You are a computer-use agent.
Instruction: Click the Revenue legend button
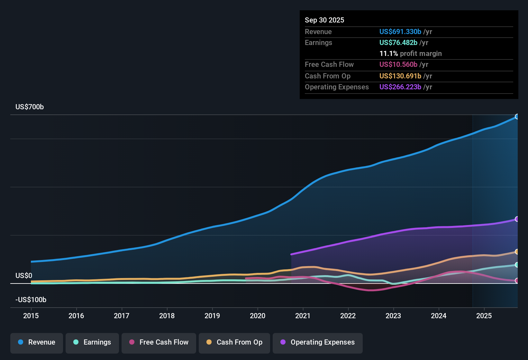tap(37, 342)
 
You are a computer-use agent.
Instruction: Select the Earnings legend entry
tap(92, 342)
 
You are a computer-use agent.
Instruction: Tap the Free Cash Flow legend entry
tap(159, 342)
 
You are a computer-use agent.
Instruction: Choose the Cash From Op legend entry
tap(234, 342)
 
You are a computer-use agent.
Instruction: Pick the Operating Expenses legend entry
tap(318, 342)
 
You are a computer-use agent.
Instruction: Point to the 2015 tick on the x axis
tap(31, 316)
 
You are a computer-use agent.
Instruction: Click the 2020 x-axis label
tap(258, 316)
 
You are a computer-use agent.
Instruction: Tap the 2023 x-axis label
tap(393, 316)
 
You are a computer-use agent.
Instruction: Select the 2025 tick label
tap(484, 316)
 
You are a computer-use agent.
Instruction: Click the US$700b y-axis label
tap(30, 107)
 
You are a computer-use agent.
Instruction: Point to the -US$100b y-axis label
tap(31, 300)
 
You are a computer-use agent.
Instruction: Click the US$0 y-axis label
tap(24, 276)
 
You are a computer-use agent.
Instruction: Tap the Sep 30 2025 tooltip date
tap(324, 20)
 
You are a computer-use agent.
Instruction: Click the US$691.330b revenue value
tap(400, 32)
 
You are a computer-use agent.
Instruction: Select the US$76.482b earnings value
tap(398, 43)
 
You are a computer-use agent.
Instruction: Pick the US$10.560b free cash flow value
tap(398, 65)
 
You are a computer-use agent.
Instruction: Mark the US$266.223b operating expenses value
tap(400, 87)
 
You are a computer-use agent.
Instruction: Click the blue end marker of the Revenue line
tap(517, 117)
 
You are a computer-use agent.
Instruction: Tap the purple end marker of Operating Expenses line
tap(517, 219)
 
